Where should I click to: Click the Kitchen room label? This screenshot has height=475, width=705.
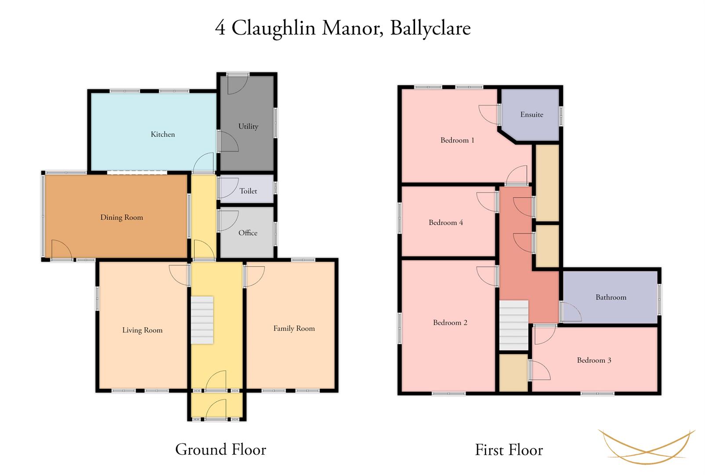pos(163,135)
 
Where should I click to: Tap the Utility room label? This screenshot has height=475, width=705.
pos(248,127)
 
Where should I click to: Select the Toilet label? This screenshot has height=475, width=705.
pos(248,191)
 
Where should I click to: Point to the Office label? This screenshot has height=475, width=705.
pos(248,233)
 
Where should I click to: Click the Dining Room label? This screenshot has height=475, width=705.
pos(122,217)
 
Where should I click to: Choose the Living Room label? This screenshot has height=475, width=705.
pos(143,330)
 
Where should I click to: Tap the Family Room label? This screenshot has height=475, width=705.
pos(294,329)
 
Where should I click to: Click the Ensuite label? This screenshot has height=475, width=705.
pos(531,114)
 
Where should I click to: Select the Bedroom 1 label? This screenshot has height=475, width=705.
pos(457,140)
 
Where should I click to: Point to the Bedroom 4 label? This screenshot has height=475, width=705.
pos(446,223)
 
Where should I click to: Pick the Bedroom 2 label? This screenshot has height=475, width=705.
pos(450,323)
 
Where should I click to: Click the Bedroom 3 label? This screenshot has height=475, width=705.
pos(594,360)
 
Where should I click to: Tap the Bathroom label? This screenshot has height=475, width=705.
pos(611,297)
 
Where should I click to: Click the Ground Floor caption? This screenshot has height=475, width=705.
pos(221,449)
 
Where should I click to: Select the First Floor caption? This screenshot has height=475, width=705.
pos(509,450)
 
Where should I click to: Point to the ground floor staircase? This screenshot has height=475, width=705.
pos(202,320)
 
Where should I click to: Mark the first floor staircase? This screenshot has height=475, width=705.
pos(514,325)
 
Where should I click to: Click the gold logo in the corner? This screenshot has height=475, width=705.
pos(647,447)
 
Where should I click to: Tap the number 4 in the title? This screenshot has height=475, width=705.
pos(221,28)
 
